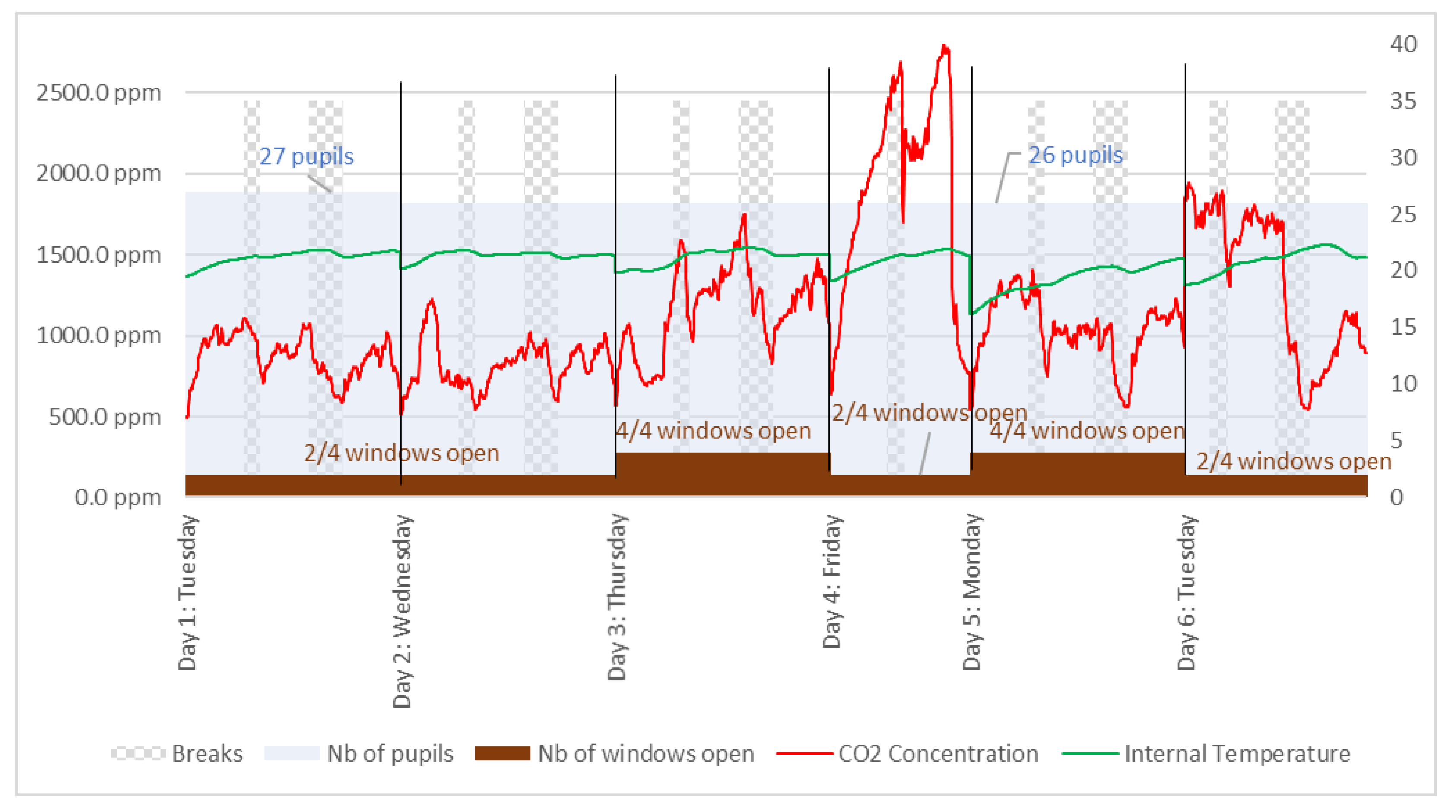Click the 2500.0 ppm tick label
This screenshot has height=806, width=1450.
[98, 92]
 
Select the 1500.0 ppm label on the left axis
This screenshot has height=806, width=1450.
[98, 255]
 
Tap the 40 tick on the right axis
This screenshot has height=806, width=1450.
[1403, 44]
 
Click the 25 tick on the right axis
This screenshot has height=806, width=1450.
[1403, 214]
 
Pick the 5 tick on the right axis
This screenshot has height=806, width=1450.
[1396, 441]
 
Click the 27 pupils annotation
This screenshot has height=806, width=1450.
[306, 156]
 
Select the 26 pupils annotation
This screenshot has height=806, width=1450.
[1075, 155]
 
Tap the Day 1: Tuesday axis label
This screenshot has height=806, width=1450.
[187, 592]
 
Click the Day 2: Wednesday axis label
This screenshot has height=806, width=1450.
[403, 611]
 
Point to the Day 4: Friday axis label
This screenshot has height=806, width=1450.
[831, 581]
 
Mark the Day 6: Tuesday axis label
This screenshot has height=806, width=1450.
[1187, 592]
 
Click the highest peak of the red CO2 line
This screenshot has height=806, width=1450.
[945, 46]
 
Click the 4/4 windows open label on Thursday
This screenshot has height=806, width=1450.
[713, 431]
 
